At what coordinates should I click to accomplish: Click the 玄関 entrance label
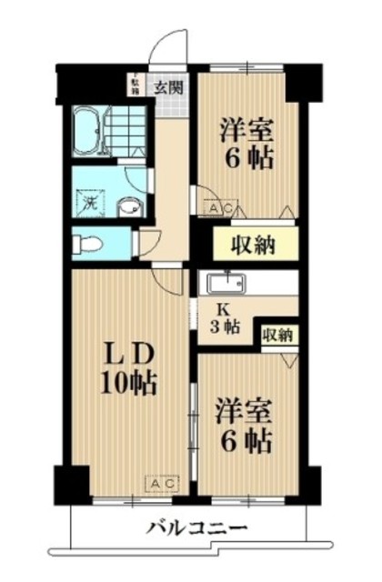pyautogui.click(x=167, y=88)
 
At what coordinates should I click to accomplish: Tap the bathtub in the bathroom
pyautogui.click(x=88, y=134)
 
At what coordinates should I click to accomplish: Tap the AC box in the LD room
pyautogui.click(x=162, y=481)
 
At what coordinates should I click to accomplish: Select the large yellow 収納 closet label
pyautogui.click(x=245, y=243)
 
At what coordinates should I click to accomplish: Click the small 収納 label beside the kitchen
pyautogui.click(x=278, y=335)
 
